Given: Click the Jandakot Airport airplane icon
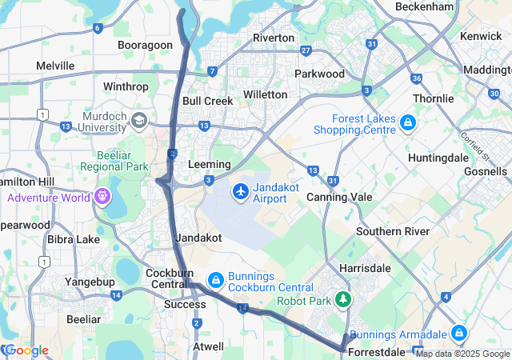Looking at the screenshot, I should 240,192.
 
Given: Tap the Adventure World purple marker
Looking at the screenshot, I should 102,196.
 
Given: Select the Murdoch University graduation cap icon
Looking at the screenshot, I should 139,121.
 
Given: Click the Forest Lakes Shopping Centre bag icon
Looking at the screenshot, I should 408,122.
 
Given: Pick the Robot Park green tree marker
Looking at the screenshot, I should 344,300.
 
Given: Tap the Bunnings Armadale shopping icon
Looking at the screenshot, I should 458,333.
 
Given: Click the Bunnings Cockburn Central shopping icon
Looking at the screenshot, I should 214,280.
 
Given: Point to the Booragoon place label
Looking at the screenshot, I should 145,46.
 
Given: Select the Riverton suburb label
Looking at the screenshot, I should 274,38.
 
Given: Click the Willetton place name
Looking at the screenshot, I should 265,94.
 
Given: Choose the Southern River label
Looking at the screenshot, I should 393,231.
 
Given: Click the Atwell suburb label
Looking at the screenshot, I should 208,346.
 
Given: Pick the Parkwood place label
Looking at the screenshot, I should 319,74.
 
